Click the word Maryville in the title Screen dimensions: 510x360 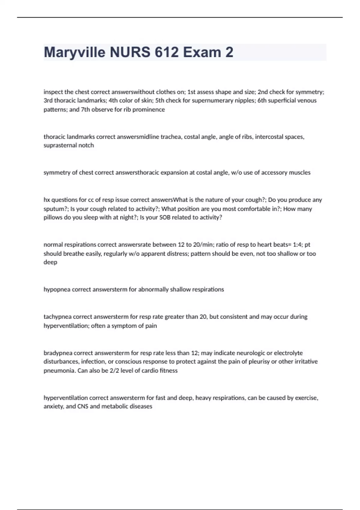[x=75, y=52]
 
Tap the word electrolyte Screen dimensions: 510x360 [x=288, y=353]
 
